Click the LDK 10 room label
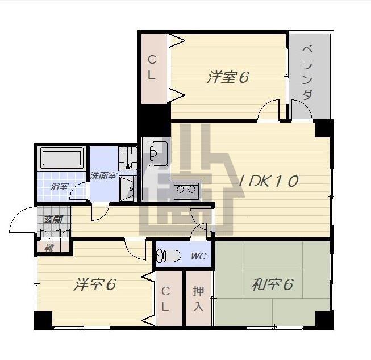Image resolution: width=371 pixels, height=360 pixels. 269,181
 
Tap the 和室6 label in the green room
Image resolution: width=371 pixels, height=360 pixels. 272,284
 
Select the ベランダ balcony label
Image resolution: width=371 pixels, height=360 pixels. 307,72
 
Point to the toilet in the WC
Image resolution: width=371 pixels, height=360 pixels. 169,256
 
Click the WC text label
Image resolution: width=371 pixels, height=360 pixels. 198,256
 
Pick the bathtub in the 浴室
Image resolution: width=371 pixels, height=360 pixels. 62,157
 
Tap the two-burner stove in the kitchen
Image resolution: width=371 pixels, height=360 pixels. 186,190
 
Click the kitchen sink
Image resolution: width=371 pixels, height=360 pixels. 159,153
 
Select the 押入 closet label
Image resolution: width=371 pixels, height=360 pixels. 198,299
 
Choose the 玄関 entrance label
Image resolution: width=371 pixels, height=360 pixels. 53,220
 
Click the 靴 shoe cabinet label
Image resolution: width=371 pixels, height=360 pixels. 49,248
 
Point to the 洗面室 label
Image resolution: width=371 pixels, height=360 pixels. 103,176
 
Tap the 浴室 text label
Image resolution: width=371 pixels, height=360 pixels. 59,187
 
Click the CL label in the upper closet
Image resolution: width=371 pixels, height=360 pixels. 152,67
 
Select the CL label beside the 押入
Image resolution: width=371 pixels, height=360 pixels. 165,299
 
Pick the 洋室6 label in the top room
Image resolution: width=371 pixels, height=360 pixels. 228,77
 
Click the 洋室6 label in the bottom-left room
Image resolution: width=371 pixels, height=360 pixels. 95,284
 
